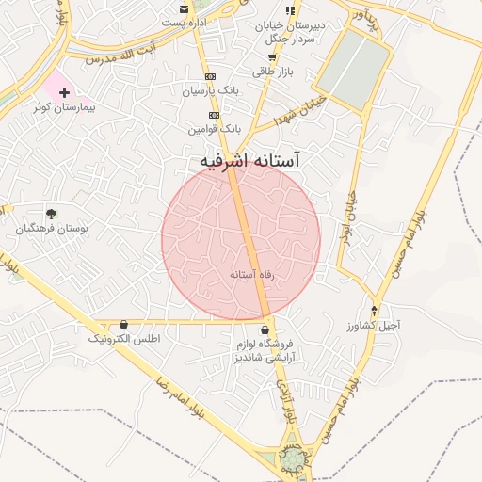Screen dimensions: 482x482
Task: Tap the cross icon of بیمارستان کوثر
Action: (64, 93)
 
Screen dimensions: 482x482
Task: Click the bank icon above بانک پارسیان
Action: (210, 77)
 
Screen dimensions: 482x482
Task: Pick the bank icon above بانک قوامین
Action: (215, 114)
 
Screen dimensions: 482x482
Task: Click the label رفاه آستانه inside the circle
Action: (251, 274)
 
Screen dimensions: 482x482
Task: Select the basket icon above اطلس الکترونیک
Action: (124, 324)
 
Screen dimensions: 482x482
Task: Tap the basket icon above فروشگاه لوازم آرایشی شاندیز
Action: (266, 330)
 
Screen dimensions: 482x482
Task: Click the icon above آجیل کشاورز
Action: (376, 311)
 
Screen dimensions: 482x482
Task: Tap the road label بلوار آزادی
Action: (285, 402)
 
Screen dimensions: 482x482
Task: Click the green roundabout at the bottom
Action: (295, 458)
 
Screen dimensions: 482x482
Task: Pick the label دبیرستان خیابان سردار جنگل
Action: (291, 33)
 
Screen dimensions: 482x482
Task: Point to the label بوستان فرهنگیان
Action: (54, 229)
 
